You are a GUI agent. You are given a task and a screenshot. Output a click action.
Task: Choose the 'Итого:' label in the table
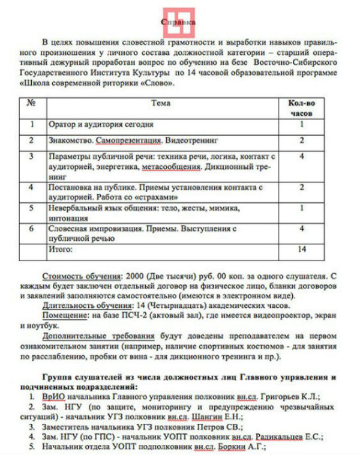tap(60, 248)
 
